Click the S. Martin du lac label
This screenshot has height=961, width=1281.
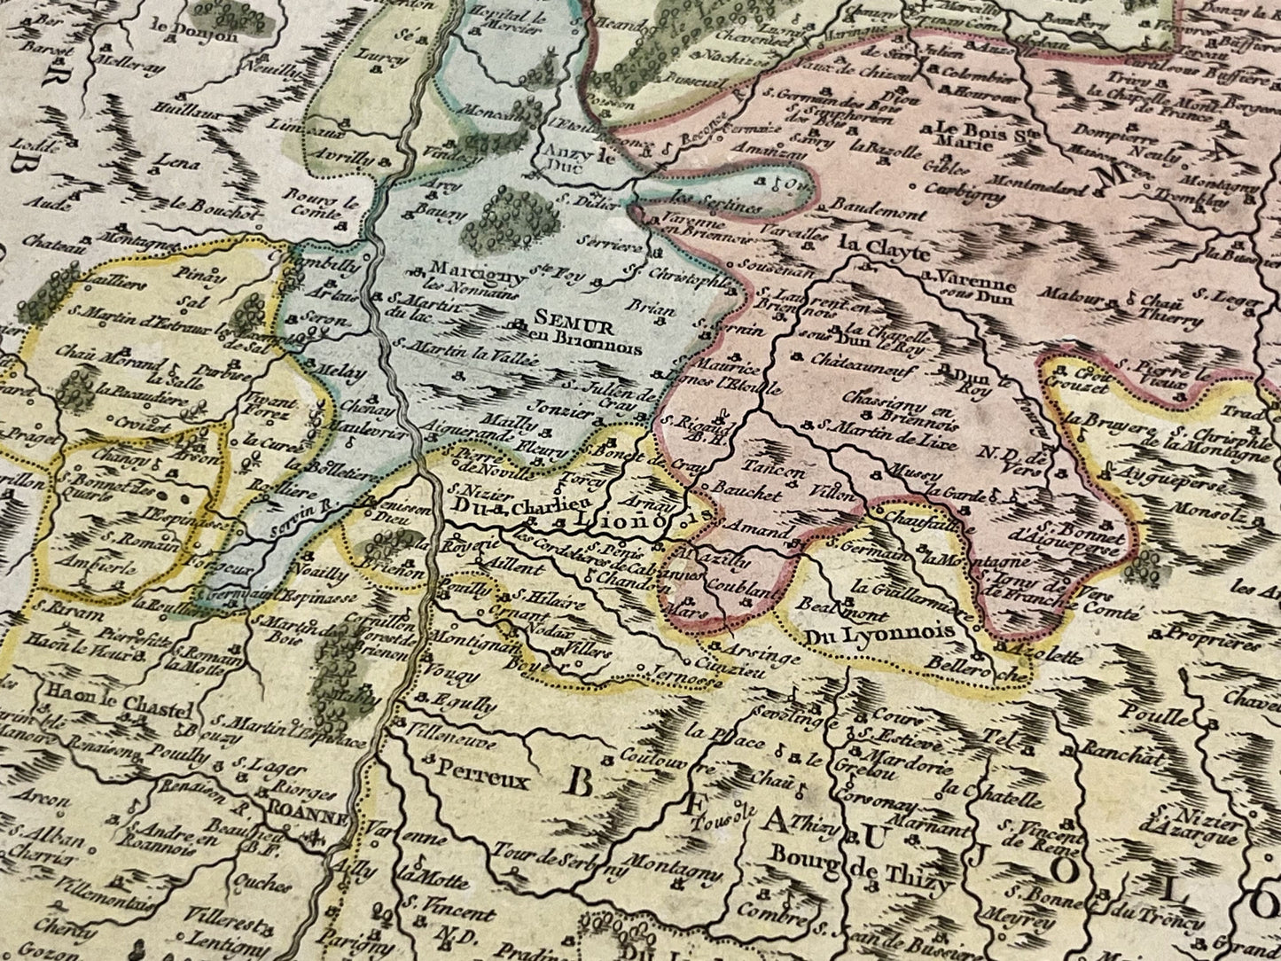(420, 305)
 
